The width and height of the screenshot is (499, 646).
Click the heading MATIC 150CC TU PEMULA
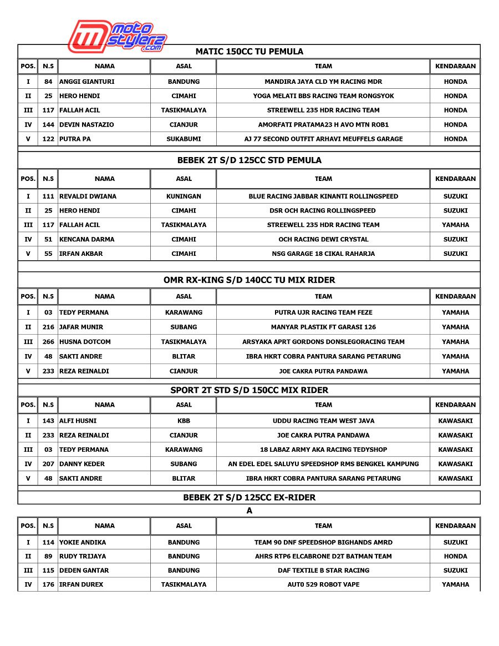pyautogui.click(x=249, y=52)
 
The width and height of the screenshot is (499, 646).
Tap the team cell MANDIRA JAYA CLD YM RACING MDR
pyautogui.click(x=323, y=82)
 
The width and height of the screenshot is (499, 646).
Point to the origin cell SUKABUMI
pyautogui.click(x=184, y=139)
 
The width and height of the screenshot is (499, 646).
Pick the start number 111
pyautogui.click(x=48, y=196)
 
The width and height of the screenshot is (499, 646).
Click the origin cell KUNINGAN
pyautogui.click(x=184, y=196)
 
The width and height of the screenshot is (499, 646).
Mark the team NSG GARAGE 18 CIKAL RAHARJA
pyautogui.click(x=323, y=254)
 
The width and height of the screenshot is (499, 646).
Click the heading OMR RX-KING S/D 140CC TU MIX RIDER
pyautogui.click(x=249, y=280)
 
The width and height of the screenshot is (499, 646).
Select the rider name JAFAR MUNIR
pyautogui.click(x=81, y=327)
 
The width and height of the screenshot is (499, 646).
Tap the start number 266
pyautogui.click(x=48, y=342)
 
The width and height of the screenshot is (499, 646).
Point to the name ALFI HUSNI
pyautogui.click(x=78, y=421)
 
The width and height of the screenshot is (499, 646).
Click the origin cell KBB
pyautogui.click(x=184, y=421)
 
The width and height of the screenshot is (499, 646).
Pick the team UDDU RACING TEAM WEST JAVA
pyautogui.click(x=323, y=421)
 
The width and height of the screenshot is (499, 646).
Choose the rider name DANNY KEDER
pyautogui.click(x=82, y=464)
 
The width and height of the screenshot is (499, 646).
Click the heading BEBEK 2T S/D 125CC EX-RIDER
pyautogui.click(x=249, y=497)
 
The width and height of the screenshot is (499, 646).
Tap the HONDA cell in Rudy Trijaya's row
pyautogui.click(x=455, y=556)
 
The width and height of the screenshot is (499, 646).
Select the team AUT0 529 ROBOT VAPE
pyautogui.click(x=323, y=584)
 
